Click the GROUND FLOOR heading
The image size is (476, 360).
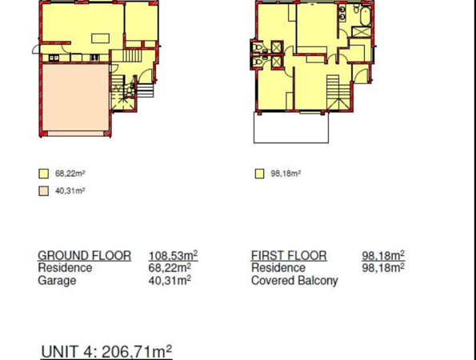pos(84,255)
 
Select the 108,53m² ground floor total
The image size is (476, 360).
pos(173,255)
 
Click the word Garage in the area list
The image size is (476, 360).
pos(57,281)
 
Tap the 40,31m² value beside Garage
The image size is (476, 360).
pos(170,280)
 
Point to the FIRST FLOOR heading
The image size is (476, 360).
pos(289,255)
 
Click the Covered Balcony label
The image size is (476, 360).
pos(294,281)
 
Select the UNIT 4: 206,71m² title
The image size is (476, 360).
pos(106,352)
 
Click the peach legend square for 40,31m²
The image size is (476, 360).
pos(44,191)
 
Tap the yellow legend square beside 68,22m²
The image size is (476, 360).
pos(44,174)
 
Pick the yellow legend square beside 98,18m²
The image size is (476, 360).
pos(259,174)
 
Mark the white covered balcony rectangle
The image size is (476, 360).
pos(291,127)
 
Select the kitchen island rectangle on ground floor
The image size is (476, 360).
pos(101,38)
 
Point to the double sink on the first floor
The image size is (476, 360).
pos(342,14)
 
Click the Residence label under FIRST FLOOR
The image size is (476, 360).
pos(278,268)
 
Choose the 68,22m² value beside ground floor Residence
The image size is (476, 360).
pos(170,268)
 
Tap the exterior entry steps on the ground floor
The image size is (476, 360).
pos(145,90)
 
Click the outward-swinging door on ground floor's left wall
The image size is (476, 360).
pos(36,50)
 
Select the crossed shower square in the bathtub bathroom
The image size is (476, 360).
pos(362,32)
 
